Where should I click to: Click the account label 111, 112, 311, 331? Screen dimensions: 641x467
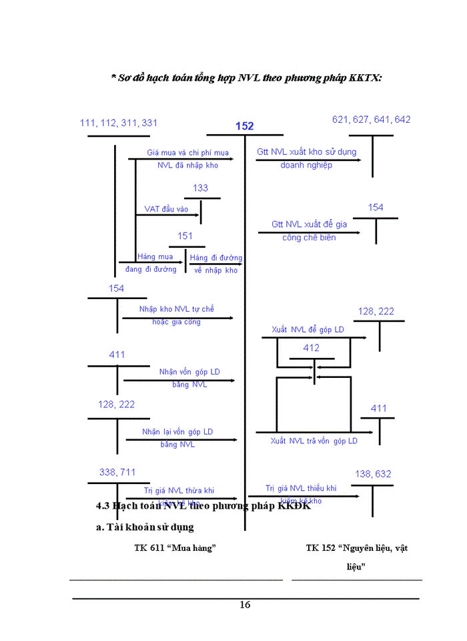point(119,123)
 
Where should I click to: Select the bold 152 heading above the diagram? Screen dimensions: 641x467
point(244,126)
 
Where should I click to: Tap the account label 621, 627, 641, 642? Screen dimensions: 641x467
point(372,120)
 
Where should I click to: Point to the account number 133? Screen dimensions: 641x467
point(201,188)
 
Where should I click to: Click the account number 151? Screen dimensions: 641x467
point(185,236)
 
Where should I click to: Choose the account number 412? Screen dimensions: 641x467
point(312,348)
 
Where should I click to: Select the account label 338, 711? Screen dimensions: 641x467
point(117,472)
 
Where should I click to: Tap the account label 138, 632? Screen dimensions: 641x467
point(373,474)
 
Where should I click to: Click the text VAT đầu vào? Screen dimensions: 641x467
point(166,209)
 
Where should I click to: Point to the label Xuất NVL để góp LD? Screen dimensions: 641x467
point(308,330)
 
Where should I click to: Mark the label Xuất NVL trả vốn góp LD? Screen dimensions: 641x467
point(314,441)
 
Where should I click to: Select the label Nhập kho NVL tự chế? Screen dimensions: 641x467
point(176,309)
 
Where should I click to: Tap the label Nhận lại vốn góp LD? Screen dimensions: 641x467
point(177,432)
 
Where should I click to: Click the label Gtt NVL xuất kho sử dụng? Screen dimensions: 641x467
point(307,152)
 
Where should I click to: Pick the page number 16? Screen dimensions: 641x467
point(245,605)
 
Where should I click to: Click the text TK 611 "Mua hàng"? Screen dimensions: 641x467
point(175,548)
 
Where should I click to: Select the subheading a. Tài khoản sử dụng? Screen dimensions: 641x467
point(145,527)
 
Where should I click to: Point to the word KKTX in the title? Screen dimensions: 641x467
point(365,78)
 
